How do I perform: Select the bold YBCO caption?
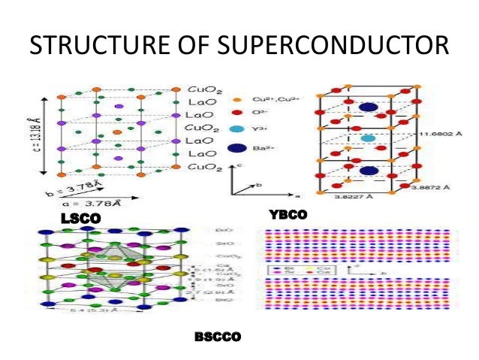point(288,214)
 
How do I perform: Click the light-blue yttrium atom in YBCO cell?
point(367,139)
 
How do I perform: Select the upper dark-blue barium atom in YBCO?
point(368,107)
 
